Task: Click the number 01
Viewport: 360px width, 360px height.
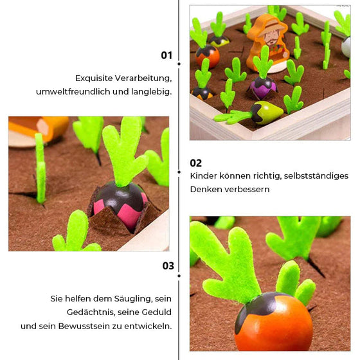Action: point(166,55)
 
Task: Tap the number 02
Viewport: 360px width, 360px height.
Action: point(196,163)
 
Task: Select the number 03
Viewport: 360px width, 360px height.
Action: point(168,265)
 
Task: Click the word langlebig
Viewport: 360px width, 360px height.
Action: point(152,92)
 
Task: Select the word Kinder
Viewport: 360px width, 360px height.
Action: point(204,175)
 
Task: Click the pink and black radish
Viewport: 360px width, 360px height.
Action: point(116,204)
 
